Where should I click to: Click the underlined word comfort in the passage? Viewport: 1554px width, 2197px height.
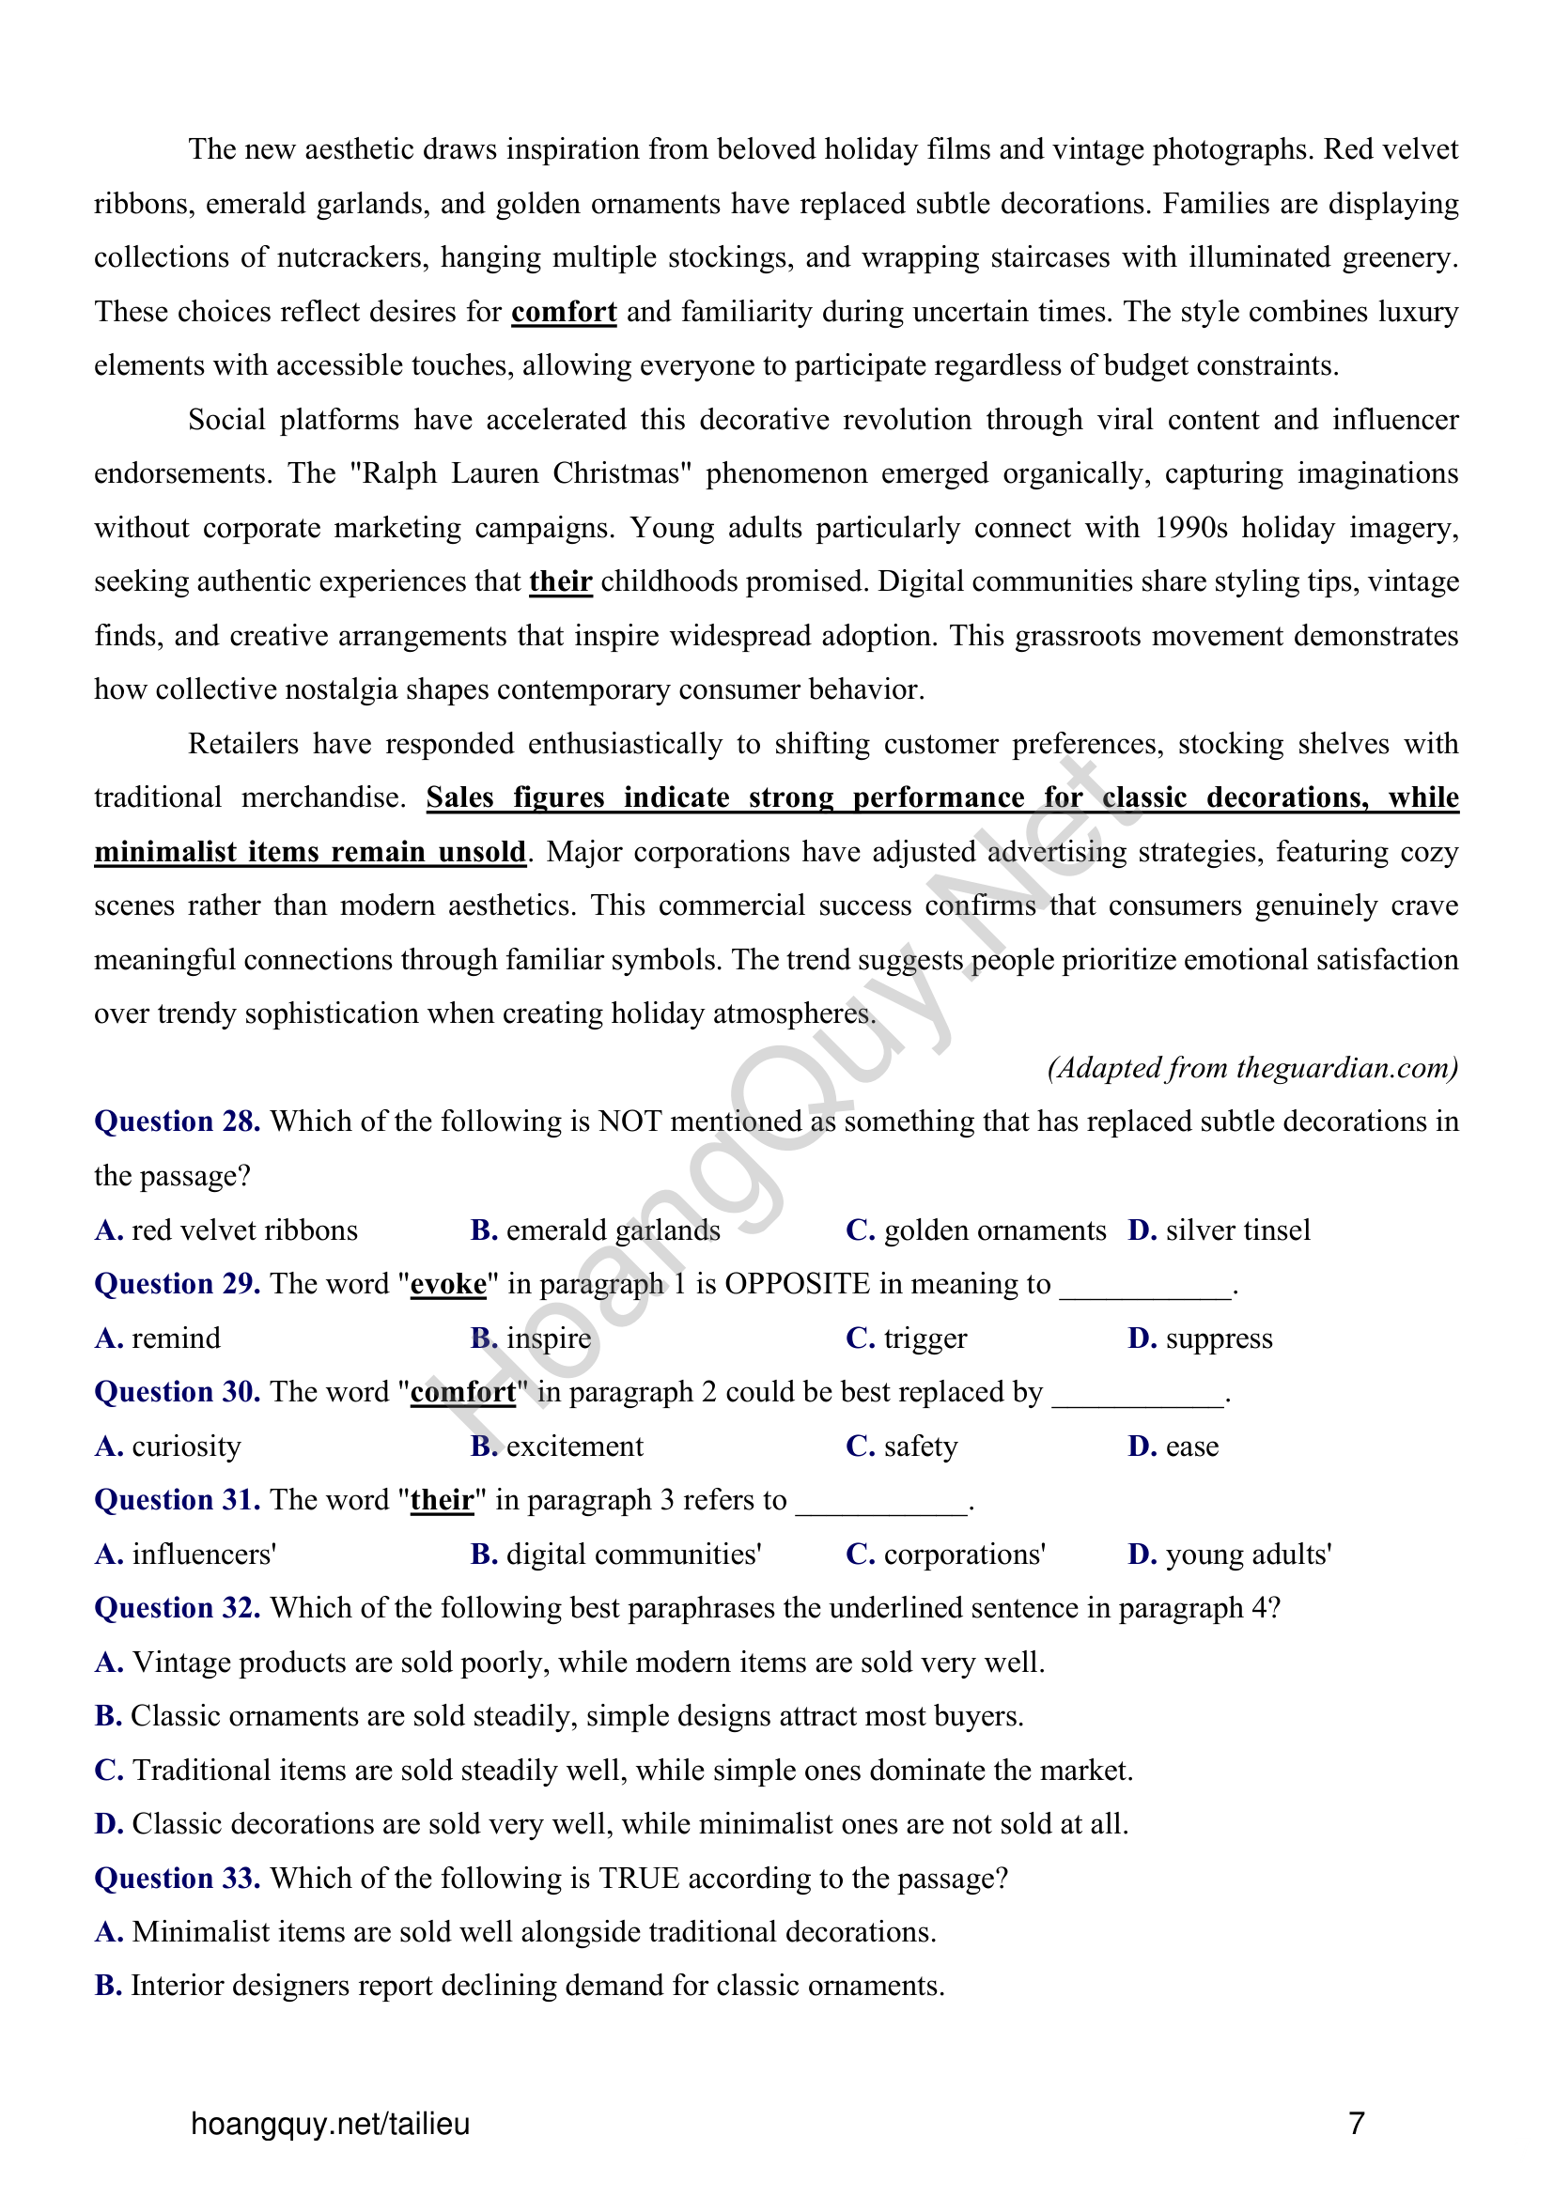pyautogui.click(x=563, y=312)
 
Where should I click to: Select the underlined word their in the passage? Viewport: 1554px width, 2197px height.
pyautogui.click(x=561, y=581)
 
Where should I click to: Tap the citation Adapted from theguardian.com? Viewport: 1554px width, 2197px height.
pyautogui.click(x=1251, y=1068)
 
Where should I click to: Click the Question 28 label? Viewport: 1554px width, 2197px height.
pyautogui.click(x=177, y=1122)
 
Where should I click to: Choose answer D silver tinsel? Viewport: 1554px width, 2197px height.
pyautogui.click(x=1220, y=1230)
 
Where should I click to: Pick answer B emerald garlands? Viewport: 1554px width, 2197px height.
pyautogui.click(x=595, y=1230)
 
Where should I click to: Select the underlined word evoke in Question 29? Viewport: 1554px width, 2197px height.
pyautogui.click(x=448, y=1284)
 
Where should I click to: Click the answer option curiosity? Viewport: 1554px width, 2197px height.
pyautogui.click(x=168, y=1447)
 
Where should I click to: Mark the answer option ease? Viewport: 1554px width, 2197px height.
pyautogui.click(x=1173, y=1447)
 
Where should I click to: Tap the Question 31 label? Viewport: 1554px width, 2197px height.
pyautogui.click(x=177, y=1500)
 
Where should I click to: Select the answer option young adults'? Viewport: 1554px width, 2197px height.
pyautogui.click(x=1230, y=1555)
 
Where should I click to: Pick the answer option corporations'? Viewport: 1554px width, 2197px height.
pyautogui.click(x=946, y=1555)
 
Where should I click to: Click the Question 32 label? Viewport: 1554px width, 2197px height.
pyautogui.click(x=177, y=1608)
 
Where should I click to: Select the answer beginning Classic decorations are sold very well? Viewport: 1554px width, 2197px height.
pyautogui.click(x=612, y=1825)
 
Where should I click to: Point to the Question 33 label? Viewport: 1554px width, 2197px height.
pyautogui.click(x=177, y=1880)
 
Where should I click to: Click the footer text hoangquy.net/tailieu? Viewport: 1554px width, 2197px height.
pyautogui.click(x=330, y=2125)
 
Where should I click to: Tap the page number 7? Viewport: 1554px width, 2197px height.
pyautogui.click(x=1356, y=2124)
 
